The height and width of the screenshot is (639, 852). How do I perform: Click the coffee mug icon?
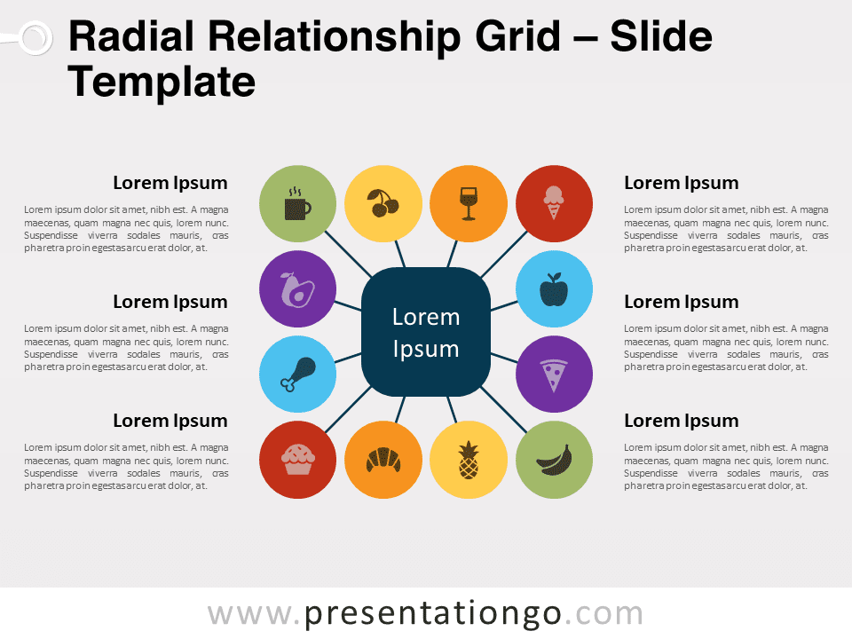click(297, 204)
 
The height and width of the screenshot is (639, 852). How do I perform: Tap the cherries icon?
click(383, 203)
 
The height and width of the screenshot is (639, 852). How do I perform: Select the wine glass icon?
click(469, 204)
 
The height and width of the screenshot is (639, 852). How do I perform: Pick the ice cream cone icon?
click(554, 202)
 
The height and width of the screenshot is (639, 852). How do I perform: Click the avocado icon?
click(297, 289)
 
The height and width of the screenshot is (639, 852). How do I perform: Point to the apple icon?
click(554, 289)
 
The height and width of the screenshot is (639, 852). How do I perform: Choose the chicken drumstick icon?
click(298, 375)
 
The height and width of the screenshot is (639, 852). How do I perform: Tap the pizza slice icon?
click(554, 375)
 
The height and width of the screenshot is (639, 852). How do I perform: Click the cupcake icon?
click(298, 460)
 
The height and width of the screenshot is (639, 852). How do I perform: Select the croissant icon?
click(383, 460)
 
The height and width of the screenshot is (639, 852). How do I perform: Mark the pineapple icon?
click(469, 460)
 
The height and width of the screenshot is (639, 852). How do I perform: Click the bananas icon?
click(554, 461)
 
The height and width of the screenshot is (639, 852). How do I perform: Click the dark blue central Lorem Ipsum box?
click(426, 332)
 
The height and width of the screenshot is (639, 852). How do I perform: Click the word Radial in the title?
click(131, 36)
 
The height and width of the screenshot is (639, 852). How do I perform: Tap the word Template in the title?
click(162, 82)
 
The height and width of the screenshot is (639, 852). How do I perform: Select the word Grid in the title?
click(517, 36)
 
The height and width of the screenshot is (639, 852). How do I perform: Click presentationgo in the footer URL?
click(432, 615)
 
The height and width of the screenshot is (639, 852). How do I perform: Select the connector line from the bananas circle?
click(504, 410)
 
